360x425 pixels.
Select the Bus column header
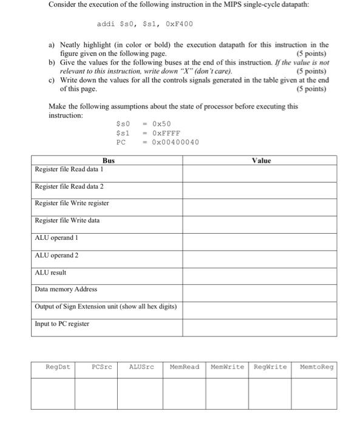[108, 160]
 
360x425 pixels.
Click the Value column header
[261, 160]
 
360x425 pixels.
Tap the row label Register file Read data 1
[70, 169]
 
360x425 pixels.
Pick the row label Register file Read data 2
[70, 186]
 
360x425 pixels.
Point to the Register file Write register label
[72, 203]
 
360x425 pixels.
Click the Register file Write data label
[67, 220]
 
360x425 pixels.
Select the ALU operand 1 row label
[57, 238]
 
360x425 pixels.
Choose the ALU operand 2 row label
[57, 255]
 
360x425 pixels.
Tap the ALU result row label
[51, 273]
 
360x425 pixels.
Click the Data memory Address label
[66, 289]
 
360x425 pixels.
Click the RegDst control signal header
[58, 367]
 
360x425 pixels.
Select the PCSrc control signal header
[101, 367]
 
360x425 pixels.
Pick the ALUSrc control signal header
[141, 367]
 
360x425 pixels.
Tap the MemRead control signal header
[185, 367]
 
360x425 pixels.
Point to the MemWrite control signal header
[227, 367]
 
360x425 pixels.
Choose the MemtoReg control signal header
[316, 367]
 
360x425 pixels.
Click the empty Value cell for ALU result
[261, 273]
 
